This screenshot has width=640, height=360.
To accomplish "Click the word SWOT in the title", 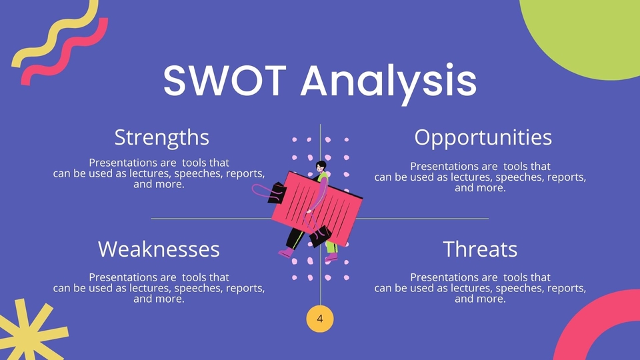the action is click(225, 80).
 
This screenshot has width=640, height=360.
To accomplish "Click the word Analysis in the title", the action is click(389, 84).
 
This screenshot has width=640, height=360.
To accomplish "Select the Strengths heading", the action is click(161, 138).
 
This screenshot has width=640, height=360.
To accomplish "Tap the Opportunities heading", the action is click(483, 138).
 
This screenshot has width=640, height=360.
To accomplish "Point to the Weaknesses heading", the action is click(159, 249).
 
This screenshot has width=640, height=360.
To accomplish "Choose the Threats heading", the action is click(480, 249).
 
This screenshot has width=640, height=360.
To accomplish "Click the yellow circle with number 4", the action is click(320, 319).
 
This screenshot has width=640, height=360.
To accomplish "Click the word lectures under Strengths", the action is click(151, 173).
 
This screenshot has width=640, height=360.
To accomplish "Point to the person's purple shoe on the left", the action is click(286, 253).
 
